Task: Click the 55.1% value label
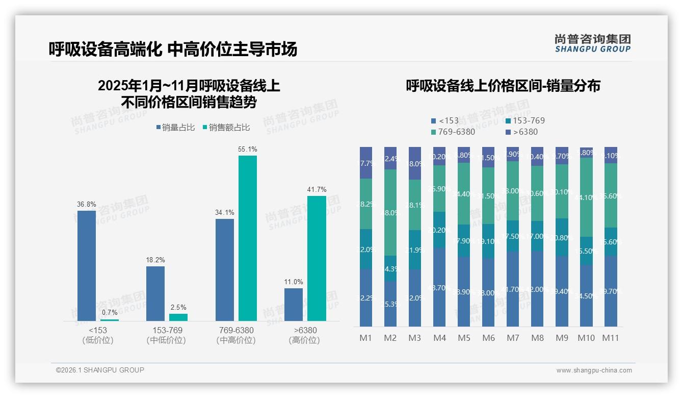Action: [247, 150]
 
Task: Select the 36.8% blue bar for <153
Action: [87, 265]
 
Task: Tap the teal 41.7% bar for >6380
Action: [317, 258]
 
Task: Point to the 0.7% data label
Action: [110, 312]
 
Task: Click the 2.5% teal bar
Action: [178, 317]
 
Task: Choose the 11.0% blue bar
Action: [294, 304]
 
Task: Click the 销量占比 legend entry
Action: [175, 128]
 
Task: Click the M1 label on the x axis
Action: [366, 338]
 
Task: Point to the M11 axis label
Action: [611, 338]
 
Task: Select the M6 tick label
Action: [488, 338]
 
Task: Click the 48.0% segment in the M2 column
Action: [390, 212]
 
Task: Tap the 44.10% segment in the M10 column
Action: [586, 197]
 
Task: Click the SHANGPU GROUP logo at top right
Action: [592, 43]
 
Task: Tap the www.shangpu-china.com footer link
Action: [594, 370]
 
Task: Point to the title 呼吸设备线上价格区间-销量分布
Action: [503, 86]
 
